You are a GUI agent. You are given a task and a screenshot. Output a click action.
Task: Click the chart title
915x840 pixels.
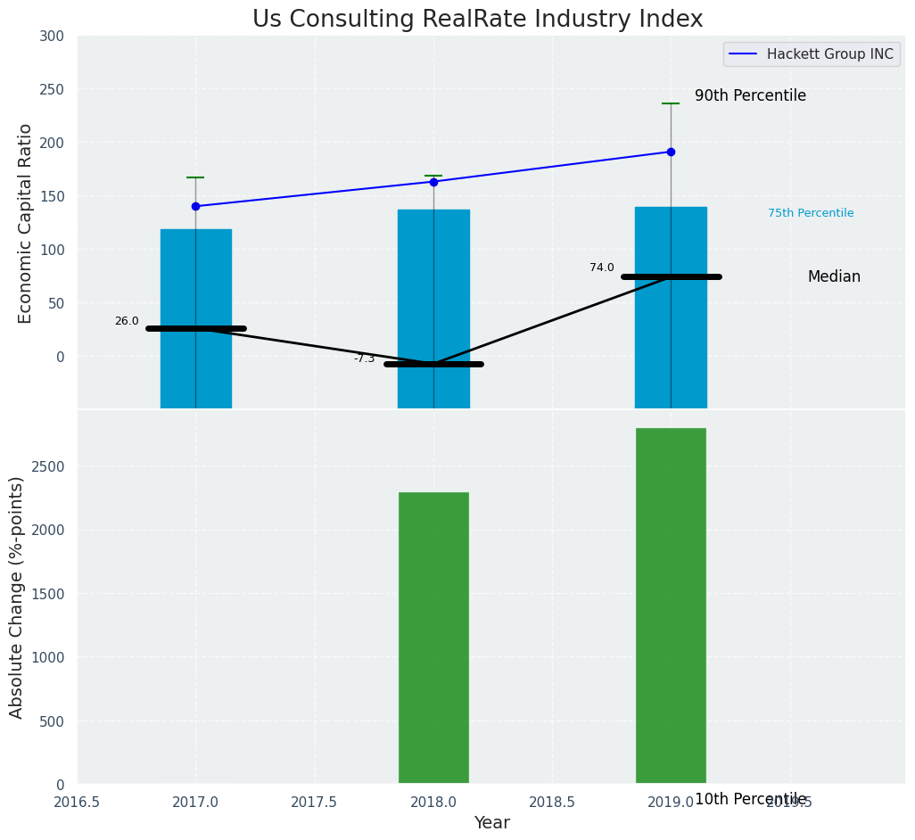point(477,20)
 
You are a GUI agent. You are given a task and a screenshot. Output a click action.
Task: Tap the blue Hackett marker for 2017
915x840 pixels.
point(195,206)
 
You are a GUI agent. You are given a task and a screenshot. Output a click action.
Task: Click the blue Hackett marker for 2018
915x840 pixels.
point(433,182)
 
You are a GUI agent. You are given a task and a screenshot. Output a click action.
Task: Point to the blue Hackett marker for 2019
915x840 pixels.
point(671,152)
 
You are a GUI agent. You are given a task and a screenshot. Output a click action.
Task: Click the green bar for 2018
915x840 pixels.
point(433,638)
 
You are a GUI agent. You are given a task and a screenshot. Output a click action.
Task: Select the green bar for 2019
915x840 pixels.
point(671,605)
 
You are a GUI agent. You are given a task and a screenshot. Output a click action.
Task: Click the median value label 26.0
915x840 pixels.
point(127,321)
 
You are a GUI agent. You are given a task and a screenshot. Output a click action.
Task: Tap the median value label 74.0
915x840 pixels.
point(602,268)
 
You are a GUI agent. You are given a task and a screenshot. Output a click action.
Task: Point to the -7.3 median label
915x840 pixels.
point(364,358)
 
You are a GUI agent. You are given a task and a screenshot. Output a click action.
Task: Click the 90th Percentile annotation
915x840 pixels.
point(750,95)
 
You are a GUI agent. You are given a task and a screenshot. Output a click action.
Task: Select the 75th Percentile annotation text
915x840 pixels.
point(811,213)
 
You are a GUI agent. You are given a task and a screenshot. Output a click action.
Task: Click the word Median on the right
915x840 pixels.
point(834,277)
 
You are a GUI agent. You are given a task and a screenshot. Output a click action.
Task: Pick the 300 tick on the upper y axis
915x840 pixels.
point(52,36)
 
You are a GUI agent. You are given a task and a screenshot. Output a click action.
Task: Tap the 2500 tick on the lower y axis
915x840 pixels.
point(48,466)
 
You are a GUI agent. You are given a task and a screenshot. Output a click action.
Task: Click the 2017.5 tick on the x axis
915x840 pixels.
point(314,802)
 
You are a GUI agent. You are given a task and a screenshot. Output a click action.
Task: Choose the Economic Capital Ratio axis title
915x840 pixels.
point(25,223)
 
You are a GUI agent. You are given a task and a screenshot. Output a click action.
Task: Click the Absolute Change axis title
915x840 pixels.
point(16,597)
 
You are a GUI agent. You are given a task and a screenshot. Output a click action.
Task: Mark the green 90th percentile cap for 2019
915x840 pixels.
point(671,103)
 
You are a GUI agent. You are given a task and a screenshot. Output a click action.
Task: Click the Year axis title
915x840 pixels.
point(491,823)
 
